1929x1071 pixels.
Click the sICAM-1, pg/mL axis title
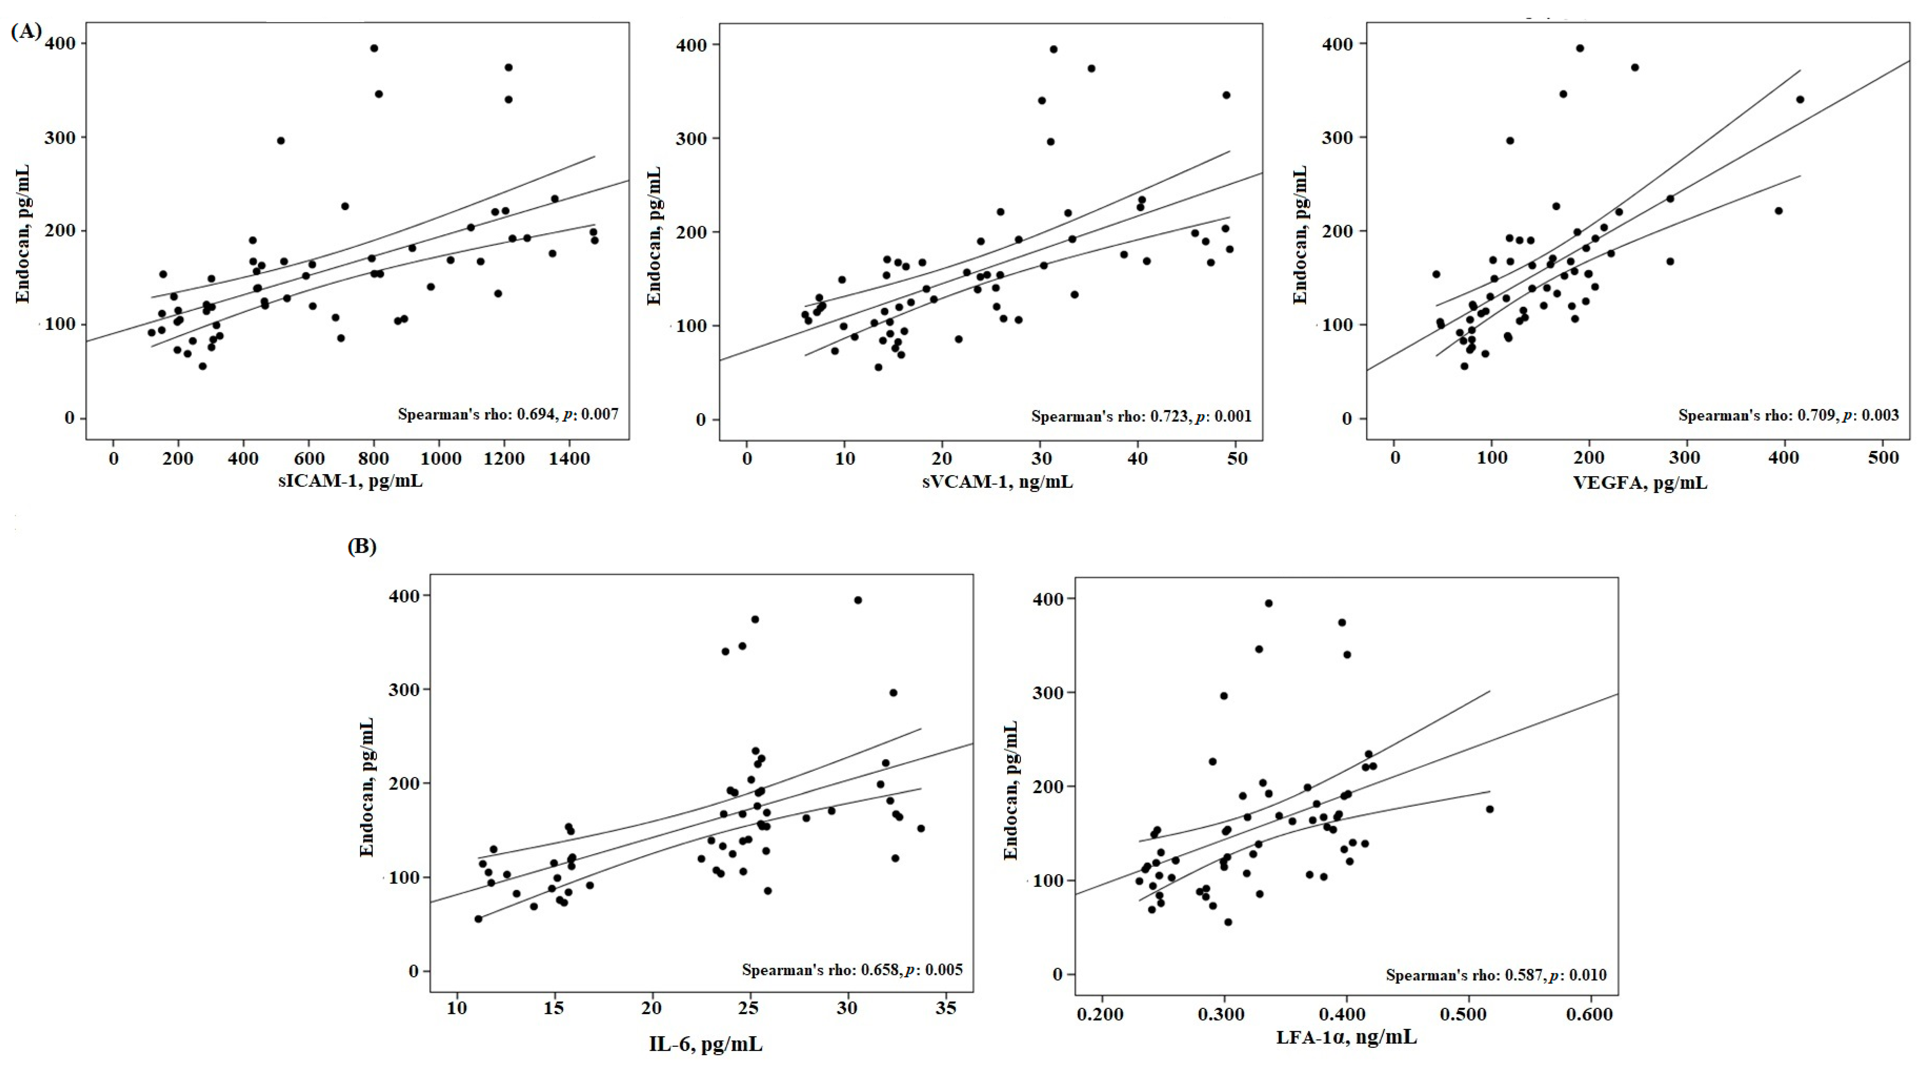pos(350,480)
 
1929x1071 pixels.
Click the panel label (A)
pos(26,31)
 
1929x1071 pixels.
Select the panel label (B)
pos(362,546)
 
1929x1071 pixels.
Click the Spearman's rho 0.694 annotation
pos(508,414)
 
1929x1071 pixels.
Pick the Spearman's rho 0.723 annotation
pos(1141,416)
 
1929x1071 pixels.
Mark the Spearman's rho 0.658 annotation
pos(852,970)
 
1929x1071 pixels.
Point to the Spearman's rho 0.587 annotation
pos(1496,975)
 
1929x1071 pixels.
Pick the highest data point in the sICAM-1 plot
pos(374,48)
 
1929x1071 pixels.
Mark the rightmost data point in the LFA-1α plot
pos(1489,809)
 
